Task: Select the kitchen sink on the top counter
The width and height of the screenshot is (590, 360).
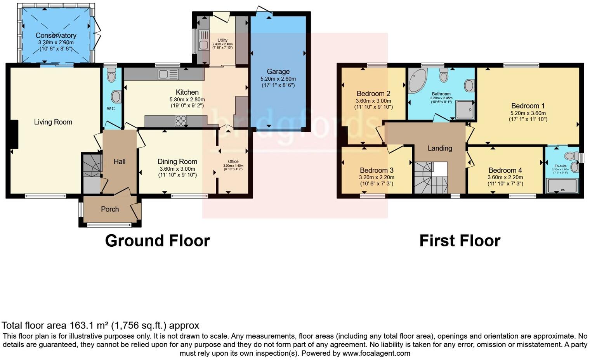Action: [x=168, y=74]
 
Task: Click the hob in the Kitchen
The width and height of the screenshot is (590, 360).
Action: [x=180, y=121]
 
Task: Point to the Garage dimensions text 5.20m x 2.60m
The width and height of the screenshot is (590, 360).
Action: [x=278, y=79]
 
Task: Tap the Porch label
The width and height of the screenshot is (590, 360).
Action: [x=110, y=209]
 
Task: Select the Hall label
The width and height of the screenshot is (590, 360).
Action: [x=120, y=161]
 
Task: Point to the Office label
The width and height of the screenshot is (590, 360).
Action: [x=233, y=161]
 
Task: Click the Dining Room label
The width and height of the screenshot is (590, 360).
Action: [x=177, y=161]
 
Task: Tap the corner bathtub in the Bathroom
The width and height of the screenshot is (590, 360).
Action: [x=416, y=80]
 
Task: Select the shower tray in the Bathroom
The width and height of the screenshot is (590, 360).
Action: [x=465, y=109]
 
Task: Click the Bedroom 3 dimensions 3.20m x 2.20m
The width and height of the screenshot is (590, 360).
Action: [x=377, y=177]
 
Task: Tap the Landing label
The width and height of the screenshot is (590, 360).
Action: [x=440, y=148]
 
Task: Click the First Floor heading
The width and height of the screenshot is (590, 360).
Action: [x=460, y=241]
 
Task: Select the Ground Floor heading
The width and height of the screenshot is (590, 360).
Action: [x=157, y=241]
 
